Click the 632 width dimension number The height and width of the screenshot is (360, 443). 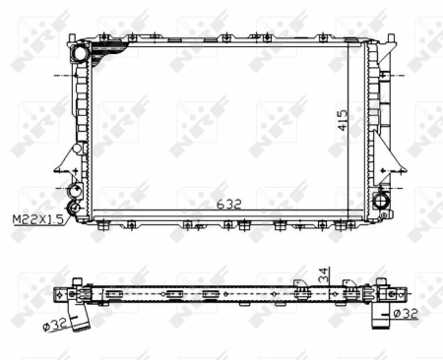point(228,205)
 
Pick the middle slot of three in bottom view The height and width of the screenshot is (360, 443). point(172,293)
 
